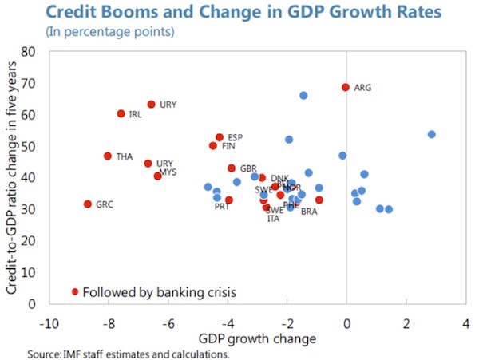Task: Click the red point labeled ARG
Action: click(x=346, y=87)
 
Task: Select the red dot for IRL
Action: click(x=121, y=113)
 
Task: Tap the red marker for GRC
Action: click(x=88, y=204)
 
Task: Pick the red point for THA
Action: click(x=108, y=156)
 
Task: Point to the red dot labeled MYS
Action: click(x=157, y=176)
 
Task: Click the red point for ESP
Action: click(x=220, y=137)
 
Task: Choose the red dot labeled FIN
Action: click(x=213, y=146)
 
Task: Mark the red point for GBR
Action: click(x=232, y=168)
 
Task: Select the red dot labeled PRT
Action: click(x=228, y=200)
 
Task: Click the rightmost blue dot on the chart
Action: click(x=431, y=134)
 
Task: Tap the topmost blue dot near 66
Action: click(x=303, y=96)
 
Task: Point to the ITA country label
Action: click(x=273, y=219)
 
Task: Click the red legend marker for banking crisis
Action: click(x=75, y=291)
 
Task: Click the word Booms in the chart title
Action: click(x=118, y=14)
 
